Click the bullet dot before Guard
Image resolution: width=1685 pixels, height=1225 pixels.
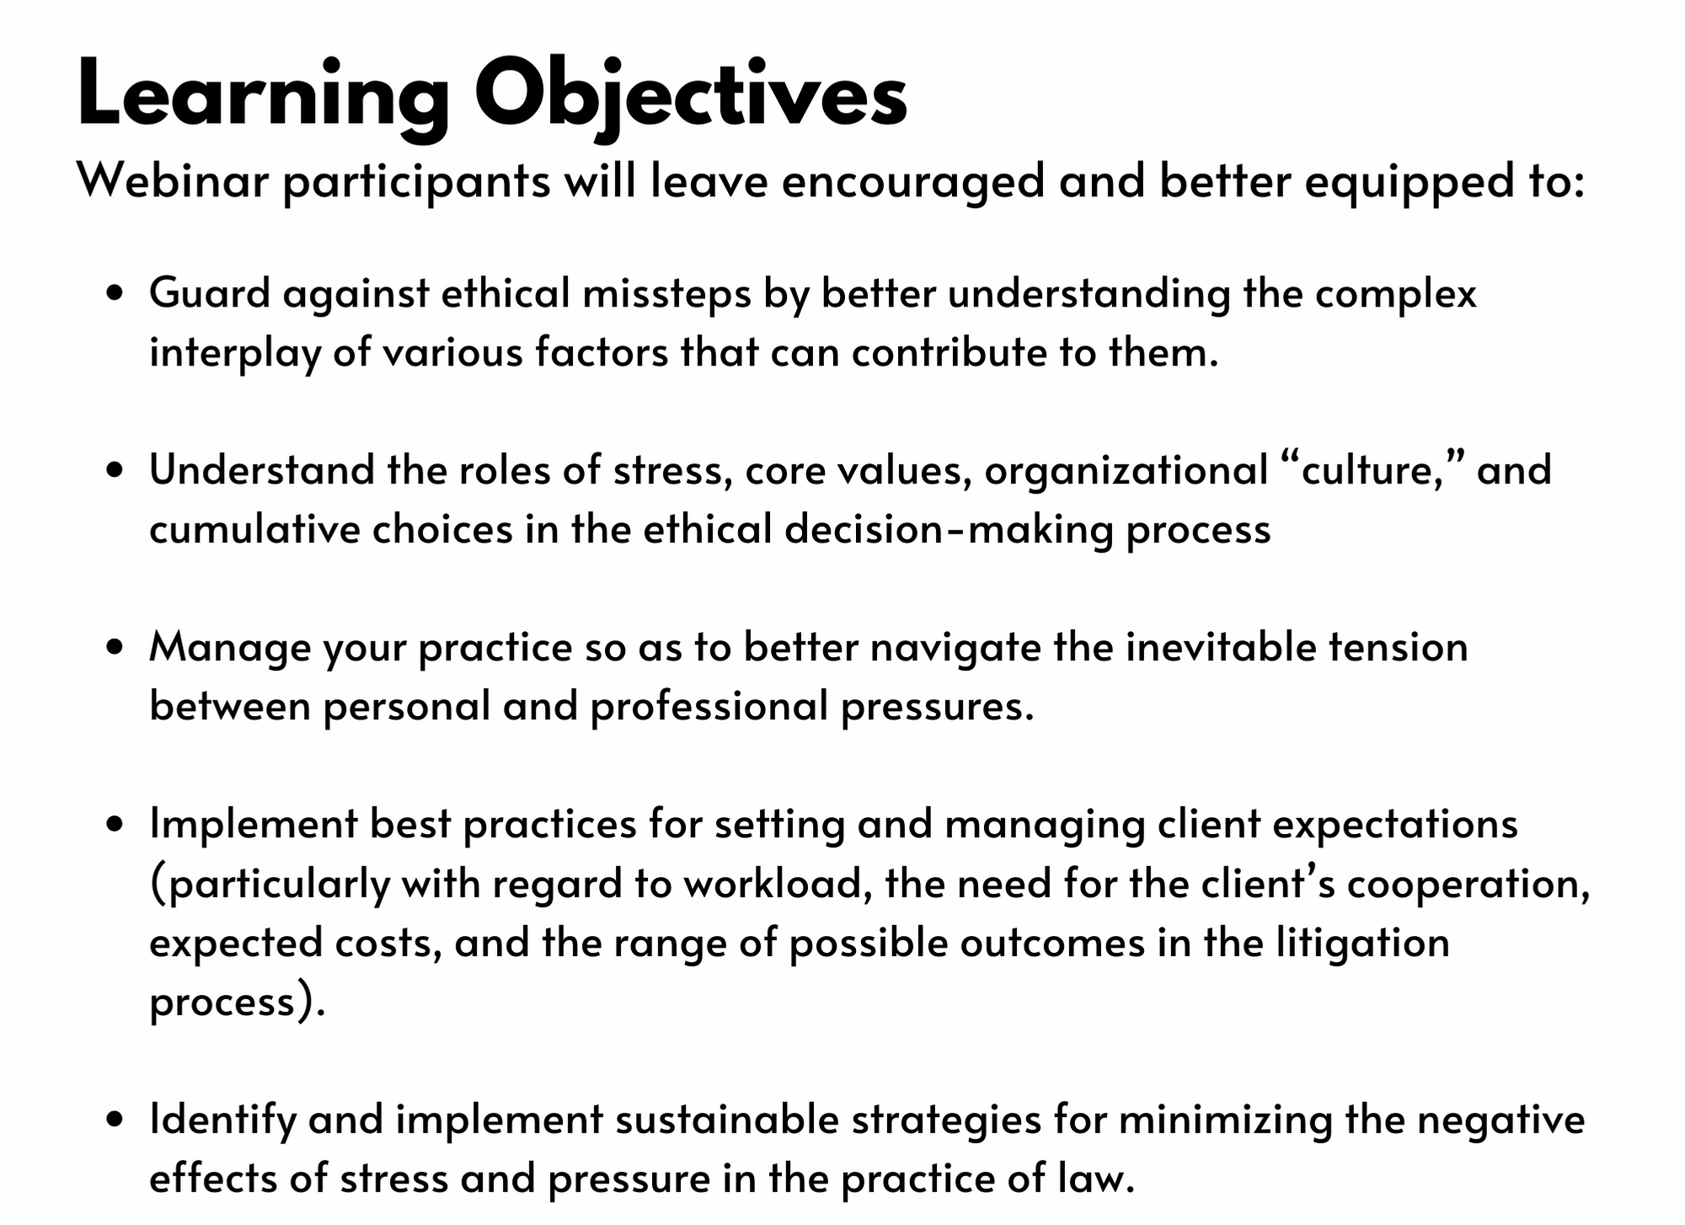pyautogui.click(x=116, y=295)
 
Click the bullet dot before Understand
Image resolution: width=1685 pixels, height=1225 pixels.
pyautogui.click(x=116, y=472)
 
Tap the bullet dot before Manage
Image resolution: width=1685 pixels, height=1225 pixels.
pyautogui.click(x=116, y=648)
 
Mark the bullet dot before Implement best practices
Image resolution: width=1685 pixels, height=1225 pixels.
pyautogui.click(x=116, y=825)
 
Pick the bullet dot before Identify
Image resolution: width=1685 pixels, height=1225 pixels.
pyautogui.click(x=116, y=1121)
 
